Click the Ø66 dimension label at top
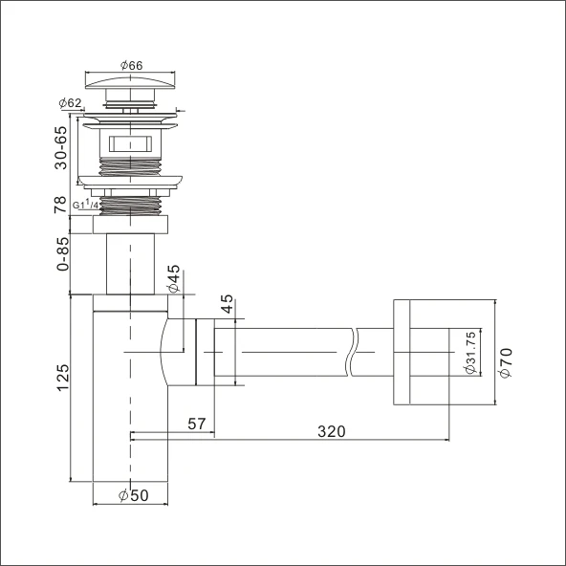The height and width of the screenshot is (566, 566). pos(131,65)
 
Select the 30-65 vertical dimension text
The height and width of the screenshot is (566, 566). pos(61,145)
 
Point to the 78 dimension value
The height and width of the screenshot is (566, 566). pos(61,205)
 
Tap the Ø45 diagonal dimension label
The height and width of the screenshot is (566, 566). pos(173,279)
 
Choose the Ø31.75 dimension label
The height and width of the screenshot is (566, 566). pos(471,353)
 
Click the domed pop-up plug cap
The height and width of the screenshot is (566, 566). pos(131,80)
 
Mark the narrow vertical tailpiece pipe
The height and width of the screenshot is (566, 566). pos(130,266)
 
